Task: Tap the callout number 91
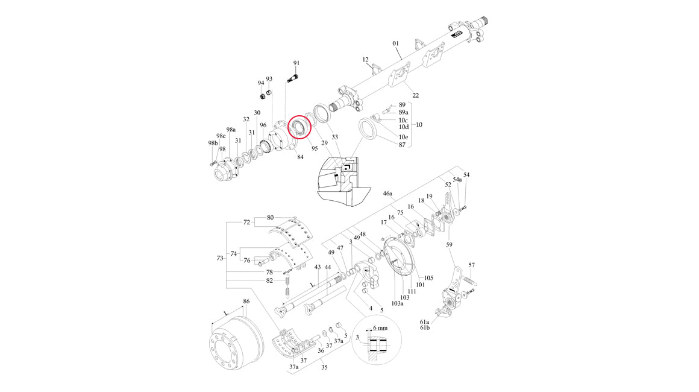296,63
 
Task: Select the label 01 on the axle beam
396,43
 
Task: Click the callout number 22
415,95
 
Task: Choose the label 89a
403,112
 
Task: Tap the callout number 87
402,145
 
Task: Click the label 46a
387,194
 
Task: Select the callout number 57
472,265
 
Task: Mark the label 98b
212,143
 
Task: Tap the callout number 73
221,258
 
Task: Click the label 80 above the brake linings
270,217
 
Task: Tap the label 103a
397,303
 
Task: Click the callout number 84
300,157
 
